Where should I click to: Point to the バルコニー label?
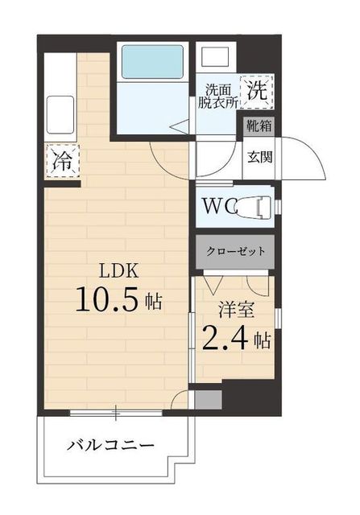(x=110, y=444)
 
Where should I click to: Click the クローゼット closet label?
(x=234, y=250)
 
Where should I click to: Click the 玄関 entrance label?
(x=259, y=155)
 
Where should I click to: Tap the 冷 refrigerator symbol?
(x=61, y=160)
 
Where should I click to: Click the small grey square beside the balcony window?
(x=207, y=398)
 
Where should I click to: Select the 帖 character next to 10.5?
(x=154, y=303)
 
